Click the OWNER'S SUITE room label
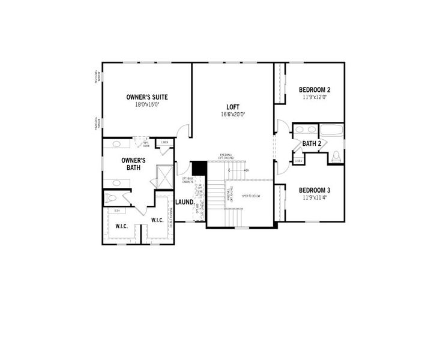point(146,97)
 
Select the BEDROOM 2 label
point(315,90)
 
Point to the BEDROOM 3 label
point(315,190)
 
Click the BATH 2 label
point(312,143)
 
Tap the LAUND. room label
point(184,202)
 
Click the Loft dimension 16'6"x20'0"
point(234,114)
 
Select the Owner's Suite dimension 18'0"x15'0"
point(146,104)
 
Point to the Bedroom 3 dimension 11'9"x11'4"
point(315,198)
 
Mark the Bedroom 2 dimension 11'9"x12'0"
point(315,97)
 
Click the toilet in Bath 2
point(336,157)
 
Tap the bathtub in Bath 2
point(331,130)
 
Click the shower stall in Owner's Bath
point(164,177)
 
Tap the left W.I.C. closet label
point(121,226)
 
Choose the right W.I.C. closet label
point(157,220)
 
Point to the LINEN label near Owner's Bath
point(164,143)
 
